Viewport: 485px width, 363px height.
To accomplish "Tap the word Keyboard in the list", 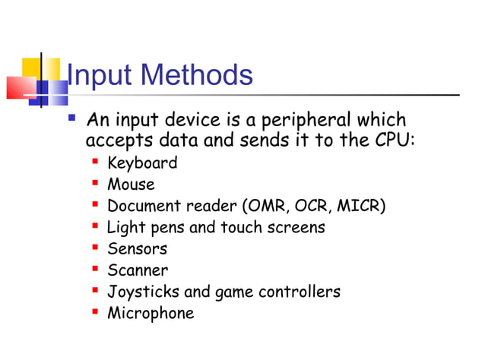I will (x=142, y=163).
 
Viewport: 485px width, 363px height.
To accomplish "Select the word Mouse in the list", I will (x=131, y=184).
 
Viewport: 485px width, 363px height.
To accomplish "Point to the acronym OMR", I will (x=267, y=206).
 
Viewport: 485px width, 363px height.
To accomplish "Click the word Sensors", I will (x=137, y=248).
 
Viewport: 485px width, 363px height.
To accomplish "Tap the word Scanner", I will (x=138, y=270).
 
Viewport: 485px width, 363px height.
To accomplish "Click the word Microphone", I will (x=151, y=313).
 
